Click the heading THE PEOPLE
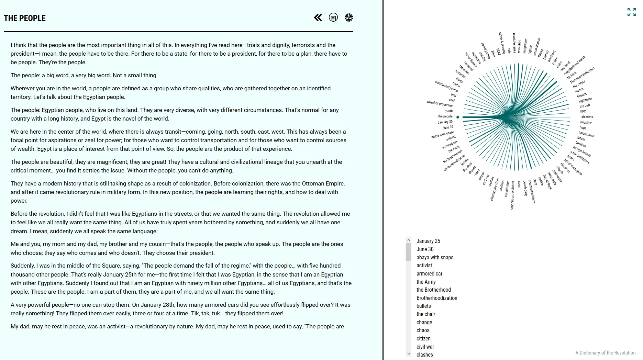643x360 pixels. (25, 18)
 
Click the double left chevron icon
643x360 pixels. (318, 18)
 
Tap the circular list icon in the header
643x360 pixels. (333, 18)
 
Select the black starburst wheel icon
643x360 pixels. (348, 18)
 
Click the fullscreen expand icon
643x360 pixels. (631, 12)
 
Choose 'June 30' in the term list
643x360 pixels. (425, 249)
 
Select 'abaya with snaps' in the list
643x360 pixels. (435, 257)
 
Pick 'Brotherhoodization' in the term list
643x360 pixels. (437, 298)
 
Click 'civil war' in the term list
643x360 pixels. (425, 347)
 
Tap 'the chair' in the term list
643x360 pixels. (426, 314)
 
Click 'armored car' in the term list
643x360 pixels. (429, 273)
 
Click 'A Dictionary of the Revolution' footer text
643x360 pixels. (605, 352)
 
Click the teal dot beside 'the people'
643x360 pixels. (458, 117)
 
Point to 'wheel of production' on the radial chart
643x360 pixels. (440, 103)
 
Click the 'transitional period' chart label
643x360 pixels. (446, 86)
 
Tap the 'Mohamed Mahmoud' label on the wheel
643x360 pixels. (582, 75)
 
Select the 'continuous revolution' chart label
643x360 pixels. (512, 195)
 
